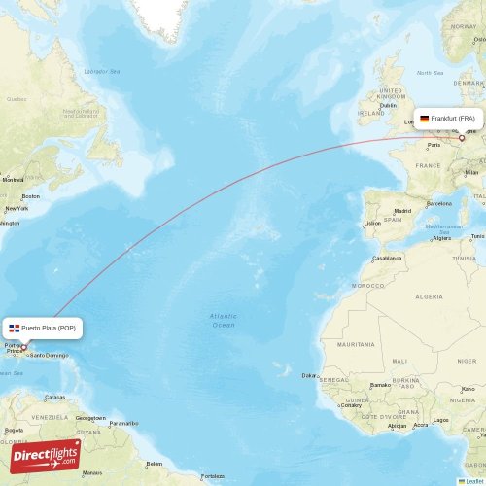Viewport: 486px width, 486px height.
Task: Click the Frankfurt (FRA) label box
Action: [x=449, y=119]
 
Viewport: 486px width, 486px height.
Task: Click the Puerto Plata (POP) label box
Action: [x=43, y=328]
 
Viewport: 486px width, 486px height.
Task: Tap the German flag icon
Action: [x=424, y=119]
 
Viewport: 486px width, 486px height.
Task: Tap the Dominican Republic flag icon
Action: [x=15, y=328]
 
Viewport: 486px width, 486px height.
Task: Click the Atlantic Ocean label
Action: [x=224, y=320]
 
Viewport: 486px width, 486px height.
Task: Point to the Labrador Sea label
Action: [x=101, y=71]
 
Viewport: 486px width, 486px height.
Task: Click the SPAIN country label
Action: [x=393, y=219]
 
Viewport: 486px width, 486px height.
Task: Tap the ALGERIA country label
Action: [x=429, y=295]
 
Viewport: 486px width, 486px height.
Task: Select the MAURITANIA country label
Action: [x=355, y=344]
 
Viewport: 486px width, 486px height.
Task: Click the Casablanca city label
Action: [x=387, y=258]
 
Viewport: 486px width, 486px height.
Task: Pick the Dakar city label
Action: [x=309, y=375]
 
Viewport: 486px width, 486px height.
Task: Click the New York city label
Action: [x=17, y=208]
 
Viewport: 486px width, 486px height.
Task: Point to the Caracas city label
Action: [x=54, y=397]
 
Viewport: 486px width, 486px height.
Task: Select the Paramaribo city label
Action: [x=123, y=423]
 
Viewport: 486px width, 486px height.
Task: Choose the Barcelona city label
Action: [x=438, y=203]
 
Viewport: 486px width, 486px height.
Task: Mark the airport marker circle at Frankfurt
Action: [x=462, y=138]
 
